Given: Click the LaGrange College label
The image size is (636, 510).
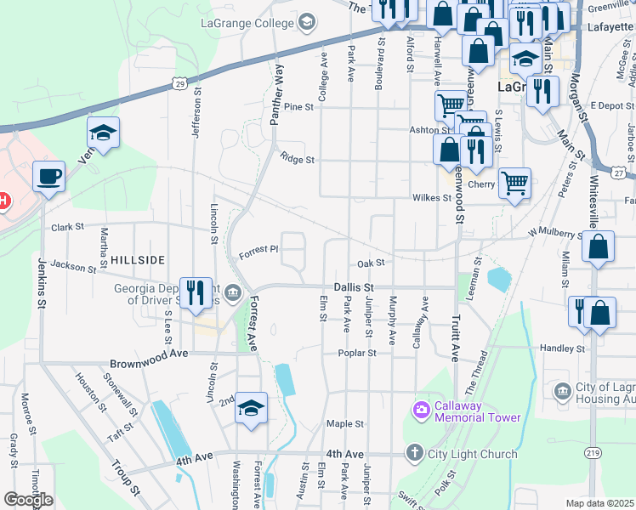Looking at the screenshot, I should coord(247,23).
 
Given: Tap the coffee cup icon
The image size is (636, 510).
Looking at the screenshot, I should coord(48,176).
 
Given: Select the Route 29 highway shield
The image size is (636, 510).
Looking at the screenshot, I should coord(178,82).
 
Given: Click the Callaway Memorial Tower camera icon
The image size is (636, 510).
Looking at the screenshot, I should coord(421,411).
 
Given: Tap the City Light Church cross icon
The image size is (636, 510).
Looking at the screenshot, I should coord(414,453).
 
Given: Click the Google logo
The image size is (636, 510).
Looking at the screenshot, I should coord(28,500).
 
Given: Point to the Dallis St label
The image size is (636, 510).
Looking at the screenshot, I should coord(354,288).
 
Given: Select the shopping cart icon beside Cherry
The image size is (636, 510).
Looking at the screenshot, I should coord(514,183).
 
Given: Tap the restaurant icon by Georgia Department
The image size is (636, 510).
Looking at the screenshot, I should coord(197,292).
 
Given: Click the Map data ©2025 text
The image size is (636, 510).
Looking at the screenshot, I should coord(599,503).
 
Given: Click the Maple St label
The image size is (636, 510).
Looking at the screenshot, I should coord(345,423).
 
